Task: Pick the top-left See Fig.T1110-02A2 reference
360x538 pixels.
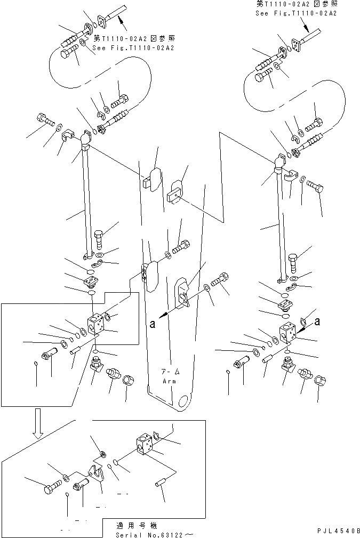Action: [133, 47]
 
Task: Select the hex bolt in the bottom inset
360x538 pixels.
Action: [49, 486]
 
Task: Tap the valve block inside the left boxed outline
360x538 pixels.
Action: [97, 326]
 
